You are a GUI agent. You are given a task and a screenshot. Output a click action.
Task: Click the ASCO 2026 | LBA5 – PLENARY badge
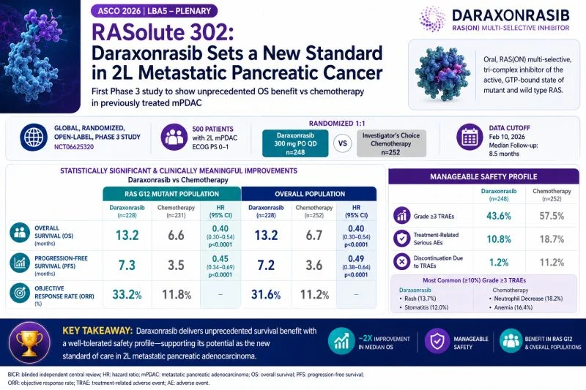point(154,11)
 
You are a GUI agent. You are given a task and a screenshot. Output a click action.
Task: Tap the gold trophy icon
point(29,342)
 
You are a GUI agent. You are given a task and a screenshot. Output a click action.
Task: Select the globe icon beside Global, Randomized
point(33,138)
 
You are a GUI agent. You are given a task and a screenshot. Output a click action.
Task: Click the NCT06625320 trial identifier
point(74,146)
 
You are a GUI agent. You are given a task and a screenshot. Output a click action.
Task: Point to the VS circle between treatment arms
point(342,143)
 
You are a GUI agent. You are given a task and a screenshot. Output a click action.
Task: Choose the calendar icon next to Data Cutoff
point(470,137)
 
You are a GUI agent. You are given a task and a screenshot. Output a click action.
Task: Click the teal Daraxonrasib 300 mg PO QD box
point(295,143)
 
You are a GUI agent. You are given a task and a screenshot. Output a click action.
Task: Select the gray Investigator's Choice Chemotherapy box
point(391,143)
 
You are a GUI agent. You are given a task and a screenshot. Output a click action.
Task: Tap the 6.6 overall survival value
point(176,235)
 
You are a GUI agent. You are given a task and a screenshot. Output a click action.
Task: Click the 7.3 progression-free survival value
point(127,265)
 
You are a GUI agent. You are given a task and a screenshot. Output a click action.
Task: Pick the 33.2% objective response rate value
point(127,294)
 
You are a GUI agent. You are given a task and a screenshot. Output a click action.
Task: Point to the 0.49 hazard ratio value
point(356,258)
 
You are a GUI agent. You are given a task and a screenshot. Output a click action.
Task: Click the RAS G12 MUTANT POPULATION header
point(172,194)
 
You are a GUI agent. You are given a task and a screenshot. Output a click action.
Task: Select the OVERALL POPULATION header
point(309,194)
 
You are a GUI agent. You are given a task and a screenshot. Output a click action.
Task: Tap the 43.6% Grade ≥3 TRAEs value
point(499,216)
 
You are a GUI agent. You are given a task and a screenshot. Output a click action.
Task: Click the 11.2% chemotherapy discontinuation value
point(552,263)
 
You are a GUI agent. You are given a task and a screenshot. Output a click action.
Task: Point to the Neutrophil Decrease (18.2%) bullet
point(526,299)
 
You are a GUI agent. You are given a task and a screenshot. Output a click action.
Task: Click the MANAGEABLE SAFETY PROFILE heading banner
point(483,176)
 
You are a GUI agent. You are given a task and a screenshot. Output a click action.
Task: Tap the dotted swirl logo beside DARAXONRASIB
point(432,19)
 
